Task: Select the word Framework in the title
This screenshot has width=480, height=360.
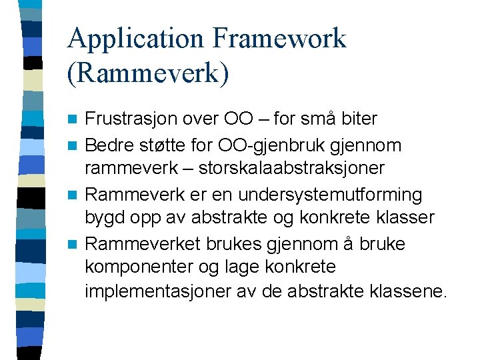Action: (279, 39)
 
